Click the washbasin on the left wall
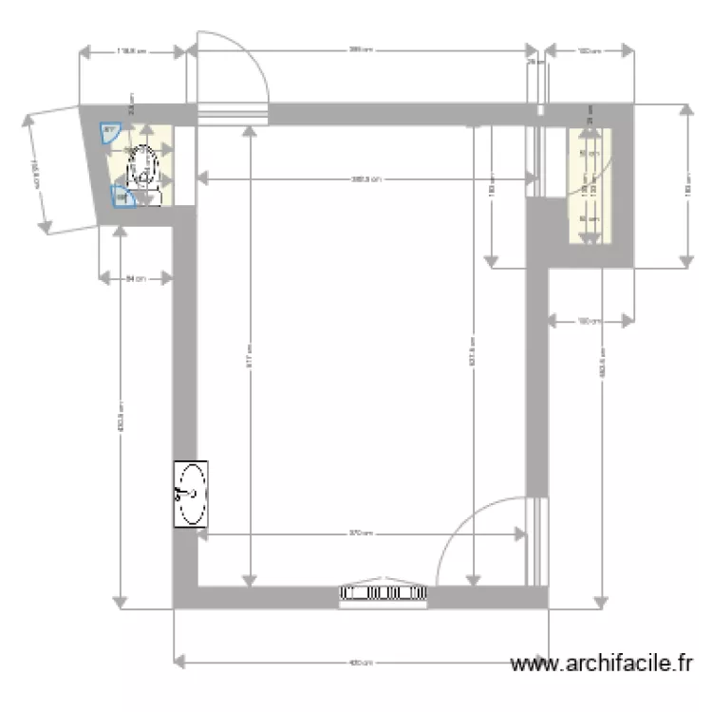(x=191, y=494)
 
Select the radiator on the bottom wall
(x=384, y=593)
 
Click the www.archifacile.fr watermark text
(x=602, y=665)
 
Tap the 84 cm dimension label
(x=136, y=278)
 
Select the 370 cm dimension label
(x=361, y=534)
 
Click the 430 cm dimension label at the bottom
(x=361, y=663)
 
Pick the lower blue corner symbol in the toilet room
(x=122, y=197)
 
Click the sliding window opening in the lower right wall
(x=537, y=541)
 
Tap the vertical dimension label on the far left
(x=120, y=418)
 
